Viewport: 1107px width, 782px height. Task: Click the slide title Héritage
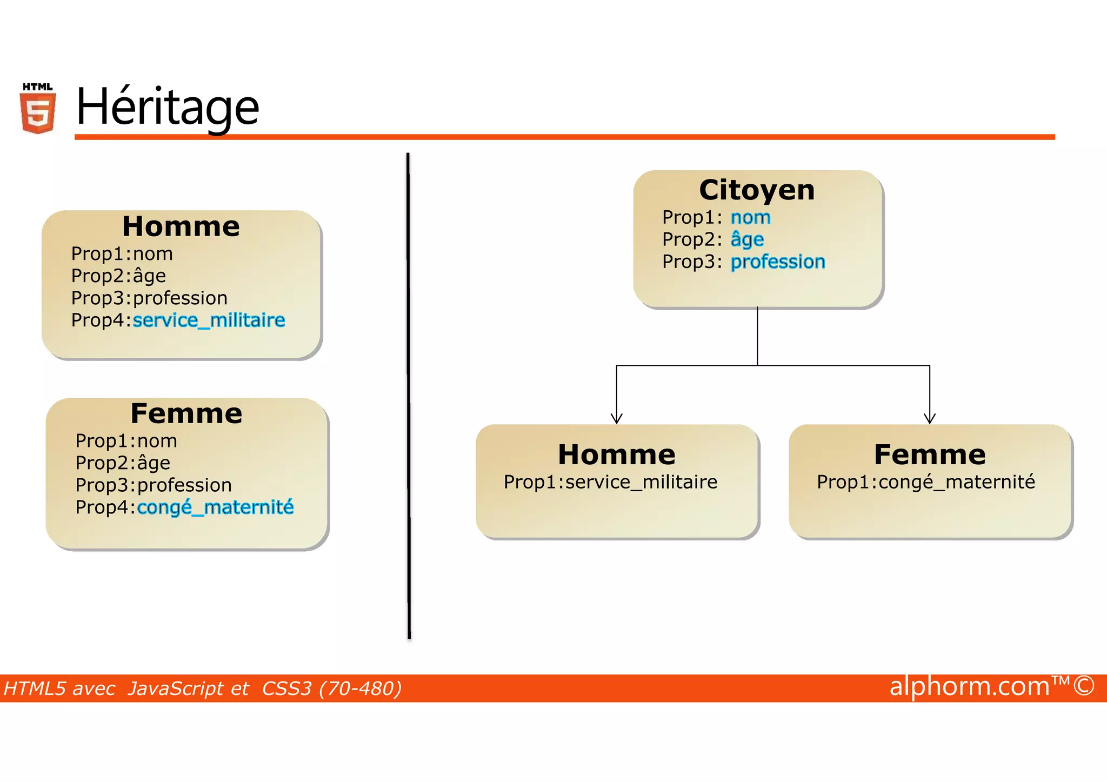[x=168, y=107]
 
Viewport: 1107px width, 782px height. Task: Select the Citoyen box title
[x=757, y=190]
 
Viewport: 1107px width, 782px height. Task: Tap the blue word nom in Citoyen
[x=751, y=217]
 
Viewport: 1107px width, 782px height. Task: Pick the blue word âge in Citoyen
[x=747, y=239]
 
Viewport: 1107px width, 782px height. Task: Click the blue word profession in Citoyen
[x=778, y=262]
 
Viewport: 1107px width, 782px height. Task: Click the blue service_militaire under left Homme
[x=209, y=320]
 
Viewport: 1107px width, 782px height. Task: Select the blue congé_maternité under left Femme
[x=216, y=507]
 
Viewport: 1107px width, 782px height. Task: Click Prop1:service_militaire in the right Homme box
[x=610, y=482]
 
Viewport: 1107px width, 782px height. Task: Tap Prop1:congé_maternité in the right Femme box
[x=926, y=482]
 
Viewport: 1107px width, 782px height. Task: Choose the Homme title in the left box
[x=181, y=226]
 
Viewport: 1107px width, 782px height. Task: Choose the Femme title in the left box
[x=186, y=414]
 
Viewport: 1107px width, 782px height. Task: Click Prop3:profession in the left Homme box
[x=149, y=298]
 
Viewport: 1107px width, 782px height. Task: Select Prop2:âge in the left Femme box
[x=123, y=463]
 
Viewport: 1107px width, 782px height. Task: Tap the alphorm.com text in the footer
[x=969, y=687]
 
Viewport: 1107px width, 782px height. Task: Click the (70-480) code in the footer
[x=361, y=689]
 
